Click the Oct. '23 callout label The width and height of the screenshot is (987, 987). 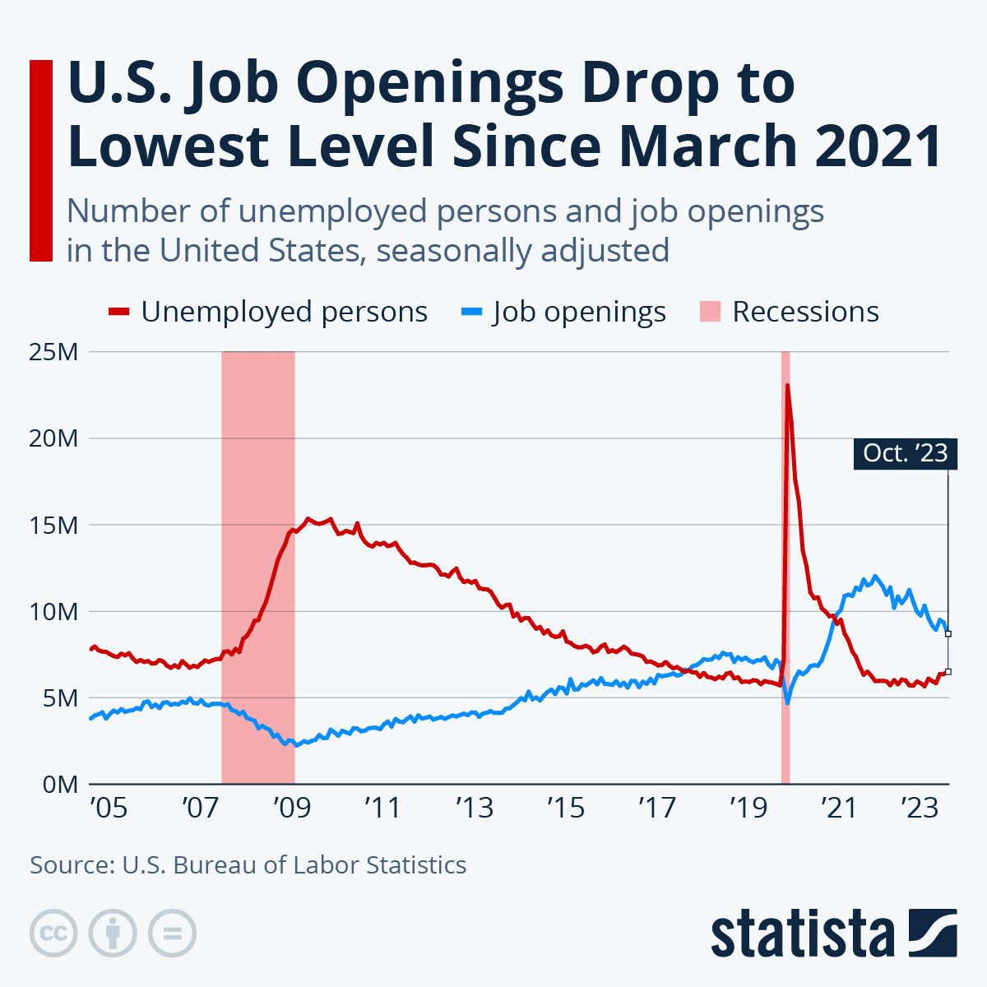pos(905,452)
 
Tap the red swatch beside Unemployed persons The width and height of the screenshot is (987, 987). pos(120,312)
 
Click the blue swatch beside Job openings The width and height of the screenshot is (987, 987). pos(472,312)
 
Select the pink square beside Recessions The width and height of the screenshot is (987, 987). pos(710,312)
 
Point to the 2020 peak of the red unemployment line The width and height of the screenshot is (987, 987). pos(788,385)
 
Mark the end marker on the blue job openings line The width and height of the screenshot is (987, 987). pos(948,633)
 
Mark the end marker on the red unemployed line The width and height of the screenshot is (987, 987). pos(948,672)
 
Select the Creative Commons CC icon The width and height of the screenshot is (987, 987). pos(53,934)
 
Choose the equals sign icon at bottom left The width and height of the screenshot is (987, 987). pos(172,934)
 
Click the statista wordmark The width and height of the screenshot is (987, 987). pos(802,934)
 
